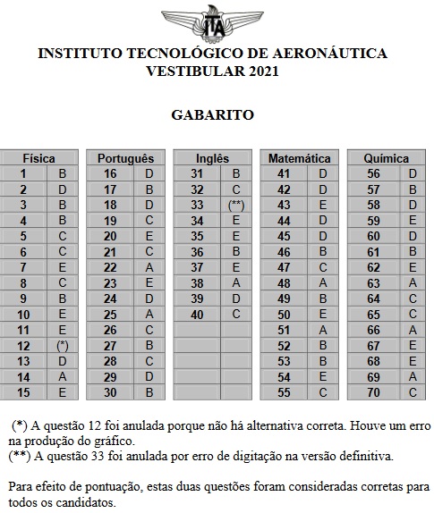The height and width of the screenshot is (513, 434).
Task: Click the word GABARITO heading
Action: click(213, 114)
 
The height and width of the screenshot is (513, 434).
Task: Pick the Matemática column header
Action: click(299, 158)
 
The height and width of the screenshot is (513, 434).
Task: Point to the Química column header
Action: click(387, 158)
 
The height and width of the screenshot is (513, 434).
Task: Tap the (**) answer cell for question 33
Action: click(236, 205)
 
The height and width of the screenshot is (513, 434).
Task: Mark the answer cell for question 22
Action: click(149, 267)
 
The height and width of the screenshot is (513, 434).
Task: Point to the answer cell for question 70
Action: click(413, 392)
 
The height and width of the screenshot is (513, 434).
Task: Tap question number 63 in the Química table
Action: click(374, 282)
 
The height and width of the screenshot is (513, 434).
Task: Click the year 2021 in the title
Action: click(260, 71)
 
